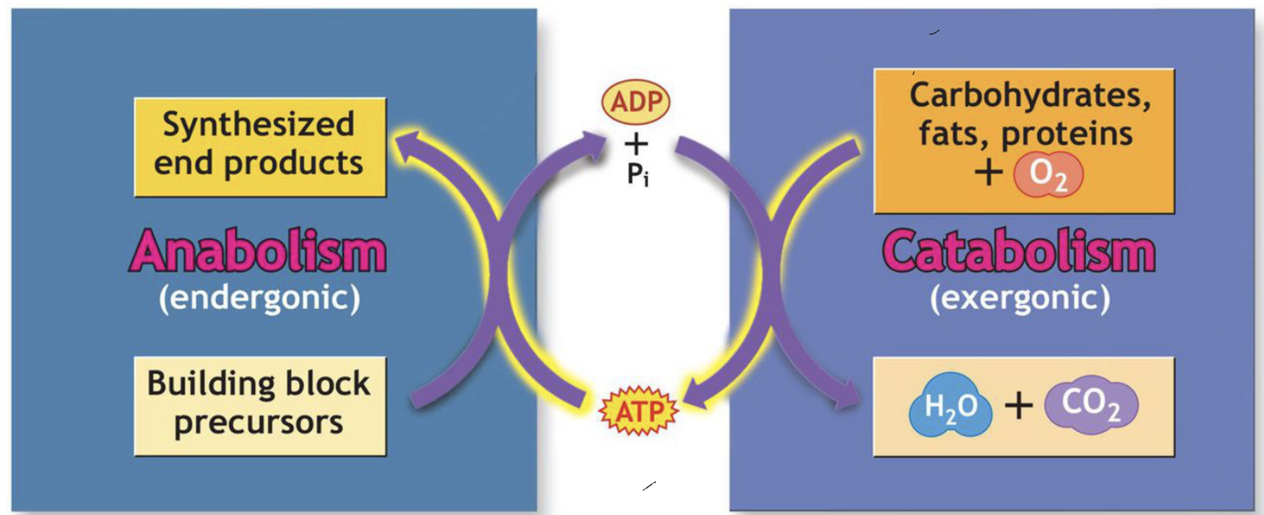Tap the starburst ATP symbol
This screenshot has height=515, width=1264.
637,412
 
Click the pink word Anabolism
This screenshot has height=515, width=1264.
259,253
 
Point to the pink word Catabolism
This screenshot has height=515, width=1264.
1020,253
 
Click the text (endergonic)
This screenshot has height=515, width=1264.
259,298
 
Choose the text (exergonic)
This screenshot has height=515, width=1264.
1020,298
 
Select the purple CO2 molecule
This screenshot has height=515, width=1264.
1091,407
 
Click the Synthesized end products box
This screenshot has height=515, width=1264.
260,144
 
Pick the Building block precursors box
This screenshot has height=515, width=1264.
260,404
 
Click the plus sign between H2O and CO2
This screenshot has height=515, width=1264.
1018,407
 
